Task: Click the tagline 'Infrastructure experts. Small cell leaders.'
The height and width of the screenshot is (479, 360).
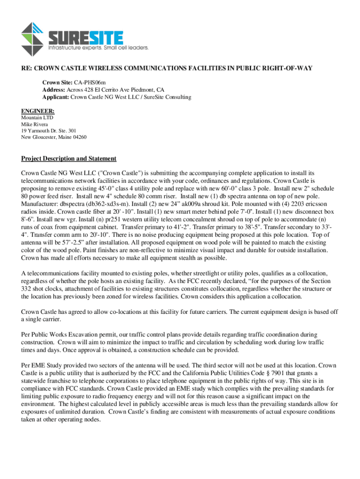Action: point(99,48)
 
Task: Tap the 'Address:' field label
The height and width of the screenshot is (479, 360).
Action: point(55,90)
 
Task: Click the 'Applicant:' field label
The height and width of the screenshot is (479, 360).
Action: point(56,97)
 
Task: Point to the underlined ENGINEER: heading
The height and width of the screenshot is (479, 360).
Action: point(38,111)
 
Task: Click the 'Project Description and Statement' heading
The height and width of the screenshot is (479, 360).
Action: point(69,159)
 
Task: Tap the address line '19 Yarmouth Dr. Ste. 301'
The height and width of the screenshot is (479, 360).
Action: point(48,131)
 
